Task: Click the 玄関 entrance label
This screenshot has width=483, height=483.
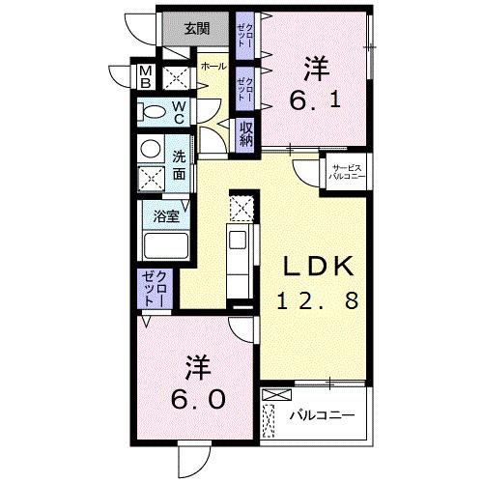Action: point(197,28)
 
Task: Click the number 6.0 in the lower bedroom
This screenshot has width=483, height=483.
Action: point(198,397)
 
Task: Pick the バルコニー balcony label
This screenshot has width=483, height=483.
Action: point(322,415)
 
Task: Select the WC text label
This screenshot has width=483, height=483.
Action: point(180,112)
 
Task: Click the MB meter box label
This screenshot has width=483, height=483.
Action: point(146,76)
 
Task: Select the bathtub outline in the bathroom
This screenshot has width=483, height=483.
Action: point(166,245)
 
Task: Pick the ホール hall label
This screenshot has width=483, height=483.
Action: point(213,67)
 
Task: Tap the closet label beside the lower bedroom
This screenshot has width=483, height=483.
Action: point(154,290)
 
